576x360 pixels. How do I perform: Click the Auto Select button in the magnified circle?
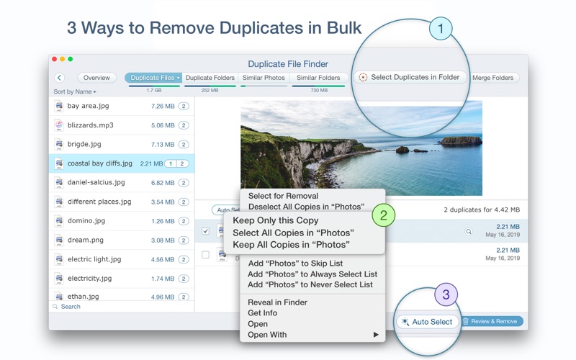428,322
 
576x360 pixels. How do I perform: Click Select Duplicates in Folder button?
410,77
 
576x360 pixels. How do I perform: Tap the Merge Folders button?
493,78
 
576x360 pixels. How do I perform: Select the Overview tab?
96,78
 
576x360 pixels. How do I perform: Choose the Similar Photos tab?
264,78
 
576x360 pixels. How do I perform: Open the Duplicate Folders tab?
210,78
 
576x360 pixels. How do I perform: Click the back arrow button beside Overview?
60,78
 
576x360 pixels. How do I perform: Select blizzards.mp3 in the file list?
91,125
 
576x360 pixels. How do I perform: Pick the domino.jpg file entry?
86,221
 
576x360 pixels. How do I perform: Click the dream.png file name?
86,240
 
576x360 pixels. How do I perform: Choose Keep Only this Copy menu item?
275,220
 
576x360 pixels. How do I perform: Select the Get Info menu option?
264,313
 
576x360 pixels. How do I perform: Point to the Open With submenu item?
267,335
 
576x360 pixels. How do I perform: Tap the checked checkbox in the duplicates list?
206,231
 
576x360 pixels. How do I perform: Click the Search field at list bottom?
71,307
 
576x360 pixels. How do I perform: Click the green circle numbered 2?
384,215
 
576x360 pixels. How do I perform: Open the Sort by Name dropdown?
75,92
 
